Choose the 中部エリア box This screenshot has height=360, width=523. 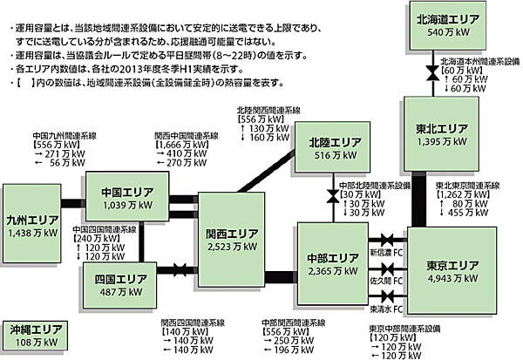click(x=334, y=265)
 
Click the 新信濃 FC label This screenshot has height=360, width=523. click(x=388, y=252)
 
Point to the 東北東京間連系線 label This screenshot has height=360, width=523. click(x=465, y=186)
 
